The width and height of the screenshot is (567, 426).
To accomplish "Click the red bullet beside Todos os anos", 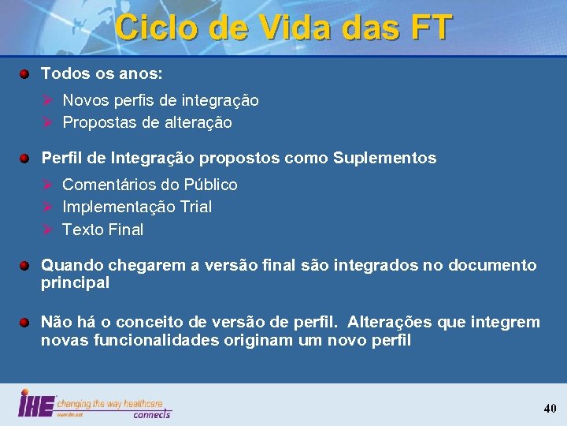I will [x=25, y=74].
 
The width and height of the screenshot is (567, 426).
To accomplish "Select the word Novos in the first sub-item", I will [x=85, y=100].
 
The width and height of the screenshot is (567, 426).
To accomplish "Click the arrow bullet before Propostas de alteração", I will [x=47, y=122].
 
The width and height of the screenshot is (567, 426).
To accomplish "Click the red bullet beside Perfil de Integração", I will [x=25, y=159].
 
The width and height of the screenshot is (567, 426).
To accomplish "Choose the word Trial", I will [x=195, y=207].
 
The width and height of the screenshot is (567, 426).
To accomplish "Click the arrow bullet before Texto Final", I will [x=47, y=230].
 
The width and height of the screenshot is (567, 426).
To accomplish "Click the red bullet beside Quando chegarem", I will [x=25, y=266].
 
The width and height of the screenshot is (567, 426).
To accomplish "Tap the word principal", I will [x=75, y=282].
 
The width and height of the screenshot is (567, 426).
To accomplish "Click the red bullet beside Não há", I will [x=25, y=323].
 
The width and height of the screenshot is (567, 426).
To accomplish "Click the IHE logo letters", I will [x=36, y=404].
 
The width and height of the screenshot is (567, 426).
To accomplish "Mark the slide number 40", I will [x=550, y=408].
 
